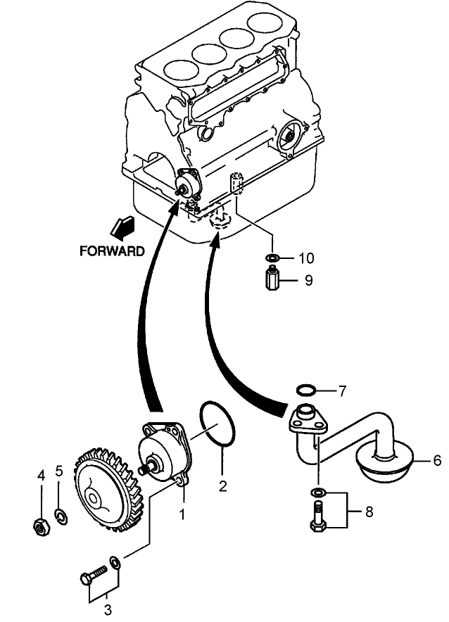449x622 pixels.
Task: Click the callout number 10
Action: pyautogui.click(x=307, y=258)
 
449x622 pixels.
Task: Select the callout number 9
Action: pyautogui.click(x=308, y=280)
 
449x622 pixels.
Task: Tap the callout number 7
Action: pyautogui.click(x=343, y=389)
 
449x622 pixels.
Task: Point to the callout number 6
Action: pyautogui.click(x=436, y=461)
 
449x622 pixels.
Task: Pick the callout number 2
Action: pyautogui.click(x=222, y=485)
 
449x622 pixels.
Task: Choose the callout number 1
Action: pyautogui.click(x=181, y=514)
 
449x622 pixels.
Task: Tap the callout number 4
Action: pyautogui.click(x=40, y=476)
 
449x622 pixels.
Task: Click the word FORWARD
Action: pyautogui.click(x=113, y=250)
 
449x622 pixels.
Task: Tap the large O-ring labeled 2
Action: pyautogui.click(x=218, y=424)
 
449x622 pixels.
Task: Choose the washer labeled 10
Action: pyautogui.click(x=273, y=258)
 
